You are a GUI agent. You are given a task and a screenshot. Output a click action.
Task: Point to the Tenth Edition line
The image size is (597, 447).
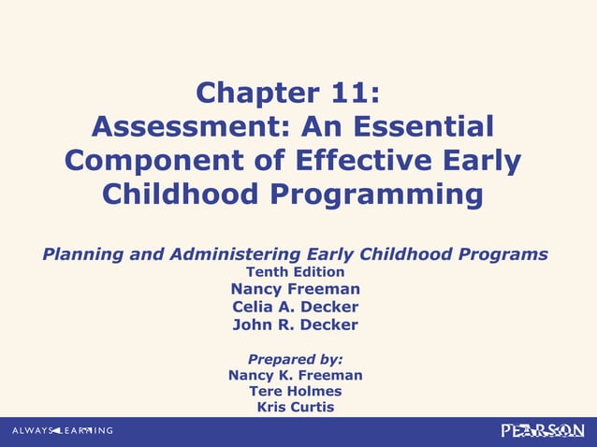(x=296, y=272)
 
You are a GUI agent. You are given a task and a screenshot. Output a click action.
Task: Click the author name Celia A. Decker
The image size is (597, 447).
(x=296, y=307)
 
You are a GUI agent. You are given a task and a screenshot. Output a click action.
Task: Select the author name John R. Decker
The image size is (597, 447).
(x=296, y=324)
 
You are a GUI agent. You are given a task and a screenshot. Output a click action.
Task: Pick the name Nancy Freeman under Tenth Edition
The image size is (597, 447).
(x=296, y=289)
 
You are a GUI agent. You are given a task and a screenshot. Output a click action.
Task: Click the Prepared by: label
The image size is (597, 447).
(x=296, y=358)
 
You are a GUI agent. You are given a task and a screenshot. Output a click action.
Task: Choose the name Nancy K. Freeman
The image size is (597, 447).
(x=296, y=375)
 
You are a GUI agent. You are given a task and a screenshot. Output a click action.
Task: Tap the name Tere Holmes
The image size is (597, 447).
(x=296, y=391)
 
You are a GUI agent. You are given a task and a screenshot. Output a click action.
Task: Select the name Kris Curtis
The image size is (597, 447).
(x=296, y=407)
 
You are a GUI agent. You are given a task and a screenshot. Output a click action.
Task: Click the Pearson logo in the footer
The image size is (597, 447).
(x=543, y=430)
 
